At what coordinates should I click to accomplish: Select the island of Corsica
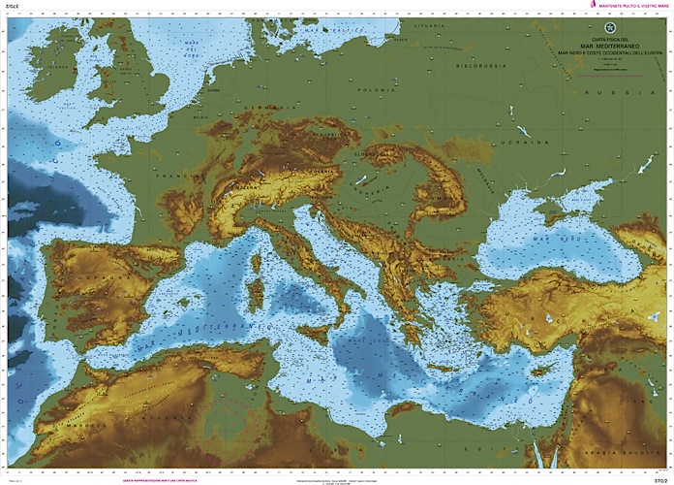(258, 268)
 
